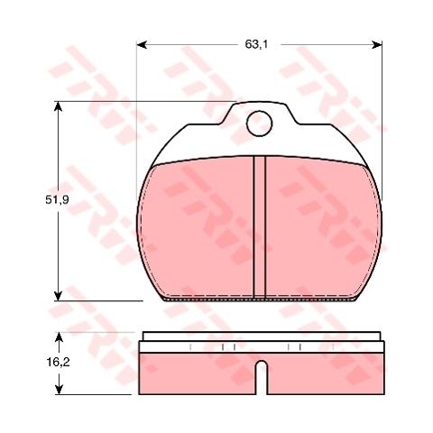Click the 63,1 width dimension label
point(256,44)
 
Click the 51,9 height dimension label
point(57,200)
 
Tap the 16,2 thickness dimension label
point(58,363)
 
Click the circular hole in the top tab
point(259,124)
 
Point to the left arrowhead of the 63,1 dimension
point(142,45)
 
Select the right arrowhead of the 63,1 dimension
point(377,45)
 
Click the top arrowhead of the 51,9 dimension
point(59,106)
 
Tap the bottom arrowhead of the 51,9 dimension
point(59,296)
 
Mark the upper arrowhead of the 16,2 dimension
point(60,337)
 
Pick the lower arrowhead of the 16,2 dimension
point(60,390)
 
